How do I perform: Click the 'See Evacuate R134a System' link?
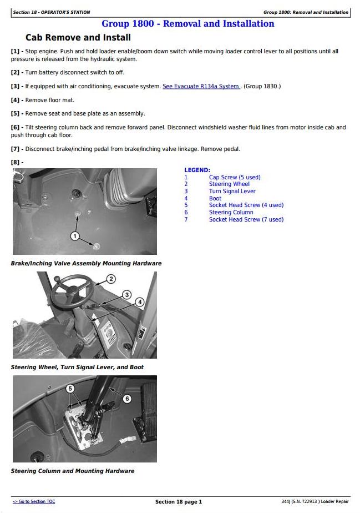[201, 87]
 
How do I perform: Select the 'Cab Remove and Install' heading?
[78, 38]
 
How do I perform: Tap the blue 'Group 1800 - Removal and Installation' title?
[187, 24]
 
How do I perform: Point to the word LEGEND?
[197, 170]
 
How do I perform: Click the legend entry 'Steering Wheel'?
[229, 184]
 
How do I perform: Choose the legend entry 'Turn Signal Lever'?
[232, 192]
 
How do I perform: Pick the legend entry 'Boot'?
[215, 198]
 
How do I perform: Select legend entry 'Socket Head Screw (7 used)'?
[246, 219]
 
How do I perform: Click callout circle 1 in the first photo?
[75, 237]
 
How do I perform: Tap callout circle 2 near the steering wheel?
[111, 279]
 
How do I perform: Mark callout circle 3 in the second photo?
[126, 295]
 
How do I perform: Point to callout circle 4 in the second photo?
[140, 302]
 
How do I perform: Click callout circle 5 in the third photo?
[70, 389]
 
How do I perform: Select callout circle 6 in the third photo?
[126, 399]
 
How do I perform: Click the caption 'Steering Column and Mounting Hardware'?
[73, 471]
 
